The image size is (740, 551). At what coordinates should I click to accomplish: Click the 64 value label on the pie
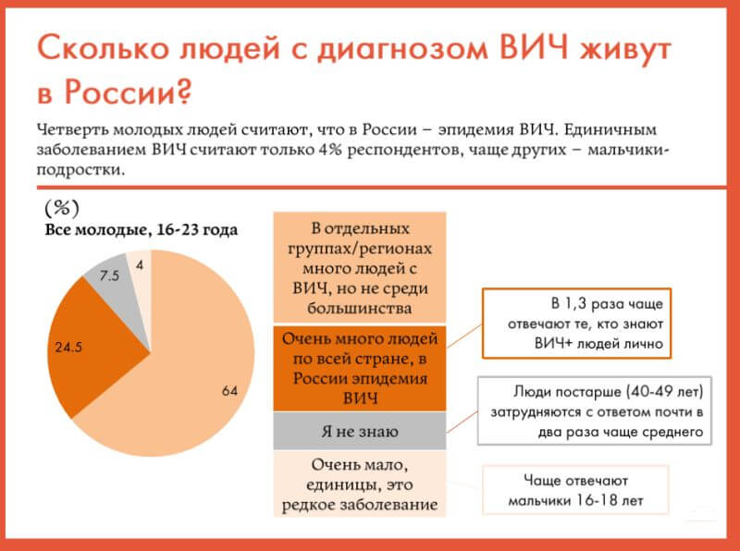click(229, 391)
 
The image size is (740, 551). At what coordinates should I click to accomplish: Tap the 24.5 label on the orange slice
click(68, 348)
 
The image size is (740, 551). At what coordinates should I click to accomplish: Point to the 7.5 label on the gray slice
click(109, 275)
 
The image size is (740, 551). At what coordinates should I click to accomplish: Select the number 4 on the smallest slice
click(140, 265)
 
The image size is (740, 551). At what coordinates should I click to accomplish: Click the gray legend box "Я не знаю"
click(360, 431)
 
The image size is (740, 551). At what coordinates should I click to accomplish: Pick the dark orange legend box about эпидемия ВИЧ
click(360, 368)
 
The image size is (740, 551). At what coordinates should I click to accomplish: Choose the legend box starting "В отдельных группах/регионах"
click(360, 267)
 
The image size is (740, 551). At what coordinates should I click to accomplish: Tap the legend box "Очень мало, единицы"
click(360, 484)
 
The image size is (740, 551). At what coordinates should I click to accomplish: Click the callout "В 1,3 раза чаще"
click(576, 324)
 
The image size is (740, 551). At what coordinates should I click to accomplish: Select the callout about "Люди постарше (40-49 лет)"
click(595, 410)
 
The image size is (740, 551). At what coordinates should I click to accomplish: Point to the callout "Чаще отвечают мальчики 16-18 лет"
click(575, 490)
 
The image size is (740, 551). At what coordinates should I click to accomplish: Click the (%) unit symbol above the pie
click(62, 208)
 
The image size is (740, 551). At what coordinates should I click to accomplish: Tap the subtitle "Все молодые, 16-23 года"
click(142, 230)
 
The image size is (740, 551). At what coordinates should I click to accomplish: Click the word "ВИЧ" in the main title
click(534, 48)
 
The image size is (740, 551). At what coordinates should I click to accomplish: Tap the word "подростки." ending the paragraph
click(80, 170)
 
